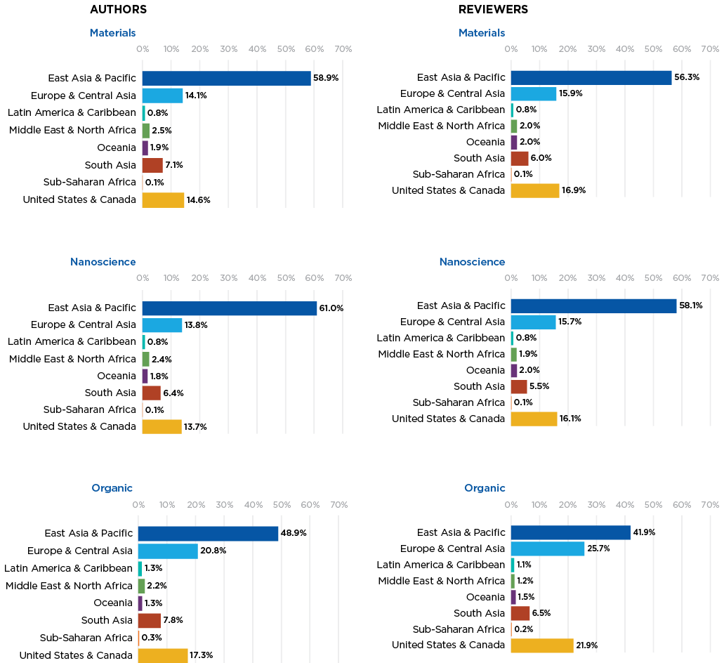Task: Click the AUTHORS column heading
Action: click(x=119, y=10)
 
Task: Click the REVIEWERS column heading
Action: click(x=493, y=10)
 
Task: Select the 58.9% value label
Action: click(x=326, y=78)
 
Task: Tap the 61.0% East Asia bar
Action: click(x=230, y=308)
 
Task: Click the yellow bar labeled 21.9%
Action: click(x=542, y=645)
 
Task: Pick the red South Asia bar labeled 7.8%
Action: click(x=150, y=621)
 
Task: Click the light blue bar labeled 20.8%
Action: click(x=168, y=551)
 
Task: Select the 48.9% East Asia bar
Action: click(x=209, y=534)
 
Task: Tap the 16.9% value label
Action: click(x=574, y=190)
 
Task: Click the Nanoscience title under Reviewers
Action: click(x=472, y=262)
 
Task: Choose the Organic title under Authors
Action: click(x=112, y=488)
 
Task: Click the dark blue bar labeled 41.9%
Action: click(x=570, y=532)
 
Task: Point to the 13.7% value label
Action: click(x=195, y=427)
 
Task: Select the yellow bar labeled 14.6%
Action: click(x=163, y=199)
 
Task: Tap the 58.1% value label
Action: click(x=691, y=306)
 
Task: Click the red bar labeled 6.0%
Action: click(x=520, y=158)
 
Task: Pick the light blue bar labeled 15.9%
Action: click(x=534, y=93)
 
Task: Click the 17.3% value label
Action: click(x=201, y=656)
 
